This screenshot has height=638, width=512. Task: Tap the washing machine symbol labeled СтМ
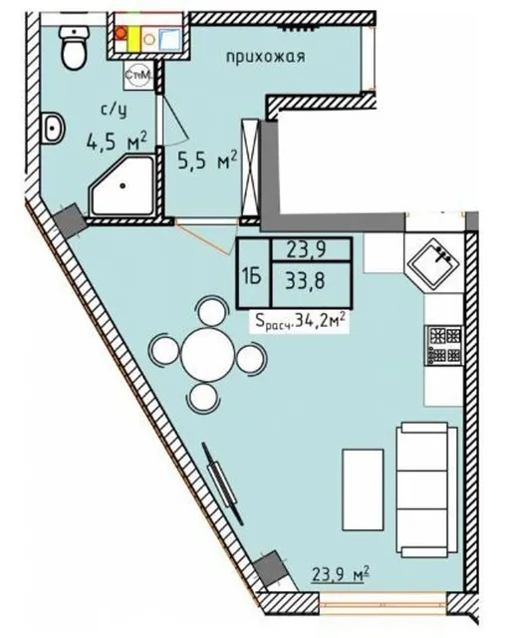(139, 75)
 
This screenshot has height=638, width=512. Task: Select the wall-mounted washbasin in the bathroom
(53, 128)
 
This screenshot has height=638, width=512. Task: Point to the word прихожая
(266, 56)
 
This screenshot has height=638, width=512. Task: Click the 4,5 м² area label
(116, 142)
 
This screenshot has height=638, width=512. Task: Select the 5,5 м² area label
(207, 159)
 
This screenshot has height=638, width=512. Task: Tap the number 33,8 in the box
(305, 280)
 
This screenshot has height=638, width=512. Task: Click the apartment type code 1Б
(252, 278)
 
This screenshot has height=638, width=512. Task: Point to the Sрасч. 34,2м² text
(301, 322)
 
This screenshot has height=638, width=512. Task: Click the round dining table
(208, 355)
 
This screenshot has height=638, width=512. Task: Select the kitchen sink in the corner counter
(434, 263)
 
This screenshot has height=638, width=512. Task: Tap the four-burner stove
(444, 346)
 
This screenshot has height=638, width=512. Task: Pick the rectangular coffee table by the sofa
(363, 489)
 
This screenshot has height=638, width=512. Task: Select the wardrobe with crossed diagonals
(250, 167)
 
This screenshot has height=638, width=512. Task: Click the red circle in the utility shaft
(121, 33)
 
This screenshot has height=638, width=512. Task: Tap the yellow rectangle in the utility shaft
(133, 38)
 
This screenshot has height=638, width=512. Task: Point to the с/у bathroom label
(114, 110)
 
